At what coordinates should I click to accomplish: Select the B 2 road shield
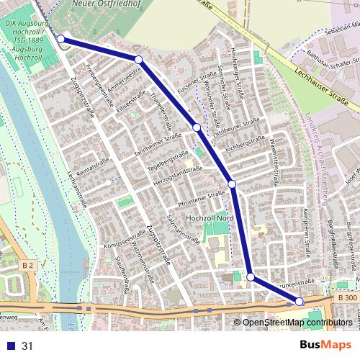click(27, 266)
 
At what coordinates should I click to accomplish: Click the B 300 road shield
click(346, 297)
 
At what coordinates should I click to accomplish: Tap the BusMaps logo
click(322, 344)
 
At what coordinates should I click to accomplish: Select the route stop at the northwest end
click(61, 39)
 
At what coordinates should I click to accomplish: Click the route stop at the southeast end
click(300, 302)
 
